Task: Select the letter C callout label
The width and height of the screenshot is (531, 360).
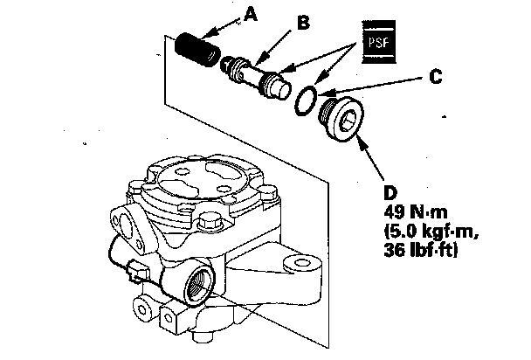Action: click(x=446, y=76)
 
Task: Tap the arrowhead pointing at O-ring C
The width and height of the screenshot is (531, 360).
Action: click(x=321, y=92)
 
